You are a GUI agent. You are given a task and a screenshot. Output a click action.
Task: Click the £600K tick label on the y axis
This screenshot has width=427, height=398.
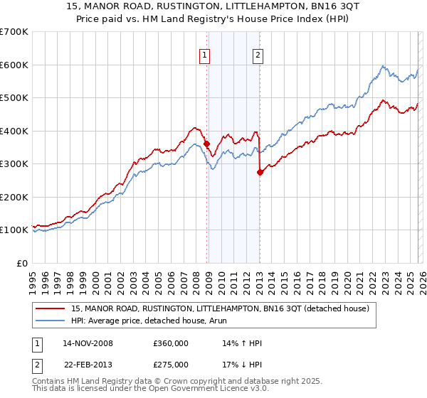click(x=14, y=65)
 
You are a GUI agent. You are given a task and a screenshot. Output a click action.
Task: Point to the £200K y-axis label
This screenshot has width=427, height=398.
click(x=14, y=197)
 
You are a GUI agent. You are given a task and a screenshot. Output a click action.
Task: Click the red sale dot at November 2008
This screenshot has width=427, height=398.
click(x=206, y=144)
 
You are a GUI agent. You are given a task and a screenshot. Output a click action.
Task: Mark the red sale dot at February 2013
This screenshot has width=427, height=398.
click(x=260, y=171)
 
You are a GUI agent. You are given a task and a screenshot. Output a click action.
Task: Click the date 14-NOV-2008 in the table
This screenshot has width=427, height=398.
click(x=88, y=344)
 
